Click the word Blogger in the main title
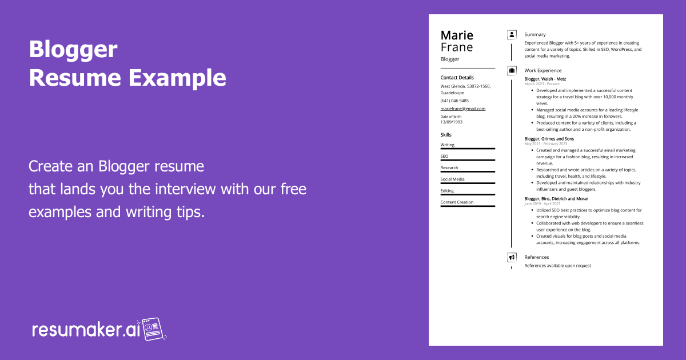pos(73,50)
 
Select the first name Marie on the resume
pos(457,35)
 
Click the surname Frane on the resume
pos(457,47)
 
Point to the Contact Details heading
pos(457,78)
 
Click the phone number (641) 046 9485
pos(454,101)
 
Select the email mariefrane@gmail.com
pos(462,109)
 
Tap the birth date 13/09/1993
pos(451,122)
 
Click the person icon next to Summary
pos(512,34)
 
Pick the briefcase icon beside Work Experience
pos(512,70)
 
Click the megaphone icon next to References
pos(512,257)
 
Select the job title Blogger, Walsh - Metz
pos(545,79)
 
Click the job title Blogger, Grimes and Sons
pos(549,139)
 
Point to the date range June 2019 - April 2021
pos(542,203)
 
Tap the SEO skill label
pos(444,156)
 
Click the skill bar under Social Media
pos(467,183)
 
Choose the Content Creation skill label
pos(457,202)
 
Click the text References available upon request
pos(557,266)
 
